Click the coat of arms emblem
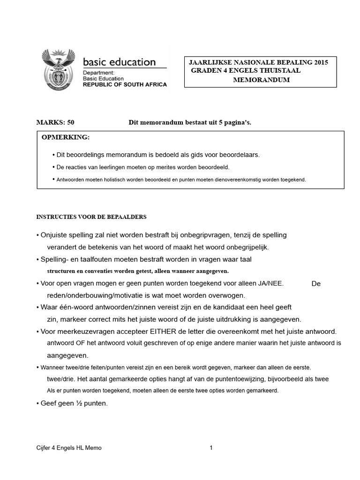(x=59, y=69)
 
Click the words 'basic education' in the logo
(x=119, y=62)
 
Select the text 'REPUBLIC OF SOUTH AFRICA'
(x=124, y=85)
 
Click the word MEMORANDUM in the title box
(x=261, y=80)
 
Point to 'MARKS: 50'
(x=55, y=122)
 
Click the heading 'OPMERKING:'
(x=65, y=137)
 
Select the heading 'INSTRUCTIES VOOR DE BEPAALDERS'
(x=91, y=217)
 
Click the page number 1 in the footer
(x=211, y=448)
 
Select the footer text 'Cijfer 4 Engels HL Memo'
(x=69, y=448)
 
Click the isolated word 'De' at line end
(x=316, y=284)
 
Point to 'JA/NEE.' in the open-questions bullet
(x=270, y=283)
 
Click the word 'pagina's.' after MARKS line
(x=239, y=122)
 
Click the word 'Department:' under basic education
(x=98, y=73)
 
